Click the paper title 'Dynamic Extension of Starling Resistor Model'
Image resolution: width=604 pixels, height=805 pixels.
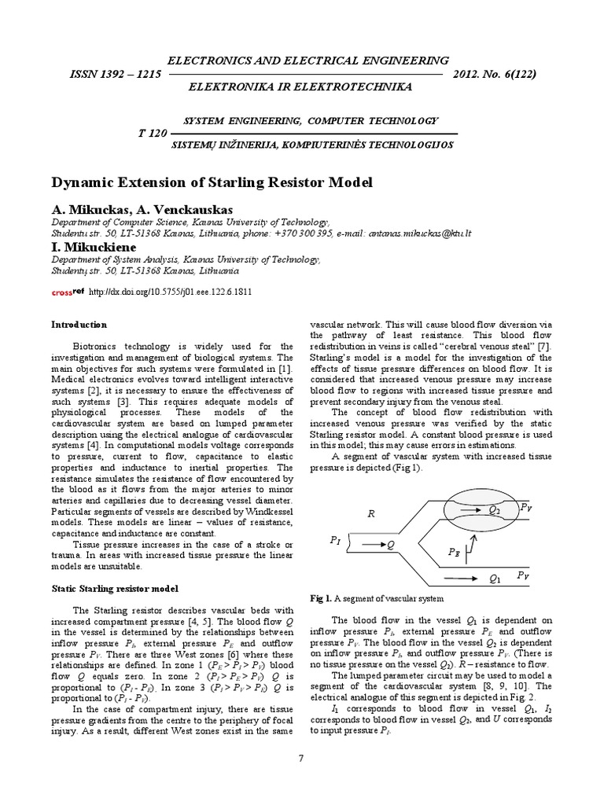[212, 182]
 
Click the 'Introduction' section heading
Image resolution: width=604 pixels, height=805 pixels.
[79, 325]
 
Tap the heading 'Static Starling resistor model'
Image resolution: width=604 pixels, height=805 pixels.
[115, 588]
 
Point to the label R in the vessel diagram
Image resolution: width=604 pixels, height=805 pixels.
[373, 514]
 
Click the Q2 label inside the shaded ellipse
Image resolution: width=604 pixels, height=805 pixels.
[494, 510]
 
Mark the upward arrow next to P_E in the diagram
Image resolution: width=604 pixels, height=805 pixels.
[472, 542]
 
